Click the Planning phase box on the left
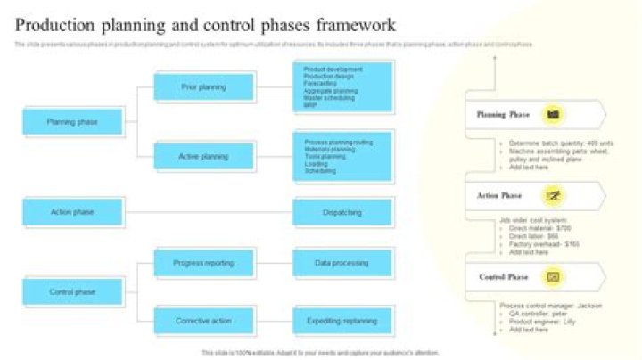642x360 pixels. (72, 122)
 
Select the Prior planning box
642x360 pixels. (203, 87)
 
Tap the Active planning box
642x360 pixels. (203, 157)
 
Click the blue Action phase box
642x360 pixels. (72, 212)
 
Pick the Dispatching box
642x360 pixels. (342, 213)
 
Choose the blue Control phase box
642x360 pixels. (72, 291)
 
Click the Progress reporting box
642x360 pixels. (203, 264)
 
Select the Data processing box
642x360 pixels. (342, 264)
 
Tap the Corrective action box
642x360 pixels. (203, 321)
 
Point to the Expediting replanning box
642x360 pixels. (342, 321)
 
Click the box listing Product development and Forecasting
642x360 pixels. (342, 86)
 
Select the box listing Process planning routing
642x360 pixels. (342, 156)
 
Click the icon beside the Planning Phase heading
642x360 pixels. (553, 114)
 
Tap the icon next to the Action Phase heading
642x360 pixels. (553, 196)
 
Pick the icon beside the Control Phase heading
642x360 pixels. (553, 277)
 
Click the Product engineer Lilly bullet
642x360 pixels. (541, 321)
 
